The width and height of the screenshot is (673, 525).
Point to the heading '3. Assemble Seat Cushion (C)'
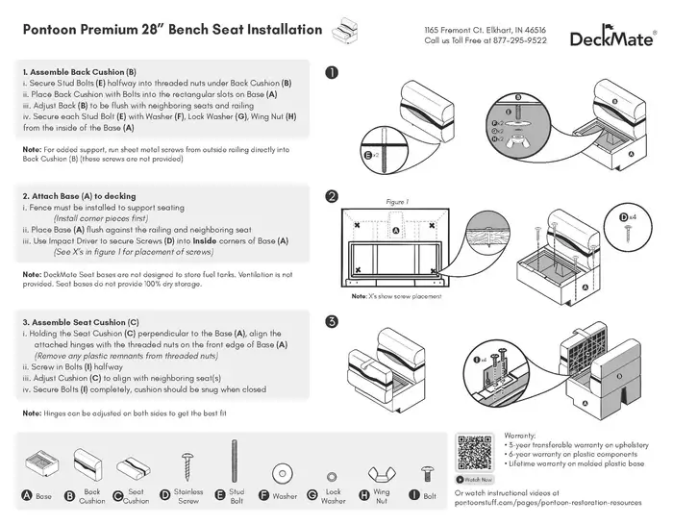pos(81,321)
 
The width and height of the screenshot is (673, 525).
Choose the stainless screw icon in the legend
pos(189,469)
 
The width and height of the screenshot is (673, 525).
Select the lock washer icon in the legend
pos(334,475)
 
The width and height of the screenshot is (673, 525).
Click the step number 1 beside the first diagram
pos(332,72)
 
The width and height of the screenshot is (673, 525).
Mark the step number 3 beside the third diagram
pos(332,321)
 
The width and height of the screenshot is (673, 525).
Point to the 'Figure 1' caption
pos(397,203)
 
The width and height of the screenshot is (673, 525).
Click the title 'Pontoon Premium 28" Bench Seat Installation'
pos(171,30)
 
